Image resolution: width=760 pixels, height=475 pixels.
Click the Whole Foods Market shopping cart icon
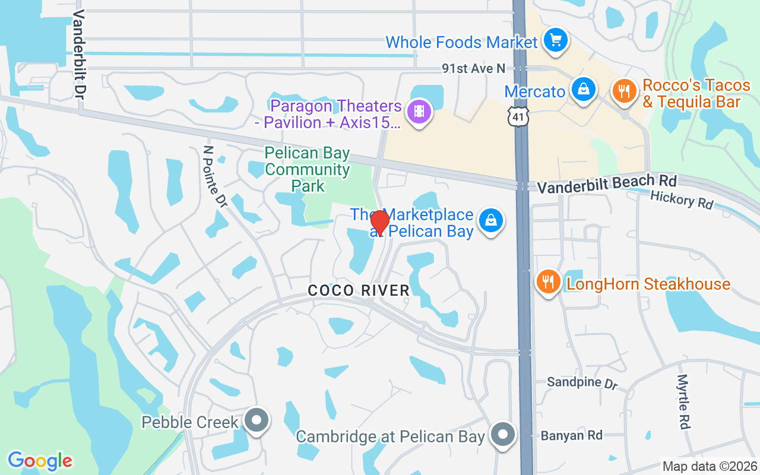[x=556, y=40]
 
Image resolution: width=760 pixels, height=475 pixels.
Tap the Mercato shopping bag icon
[x=584, y=90]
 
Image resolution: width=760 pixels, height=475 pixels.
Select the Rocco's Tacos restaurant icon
[x=623, y=91]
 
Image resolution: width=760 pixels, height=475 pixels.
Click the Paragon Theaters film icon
[x=420, y=110]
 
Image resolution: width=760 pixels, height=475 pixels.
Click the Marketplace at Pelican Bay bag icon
[x=490, y=220]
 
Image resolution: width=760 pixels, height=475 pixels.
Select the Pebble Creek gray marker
[x=256, y=420]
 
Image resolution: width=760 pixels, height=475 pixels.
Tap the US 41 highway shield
[x=518, y=119]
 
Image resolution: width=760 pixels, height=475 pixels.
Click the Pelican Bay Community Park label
[x=308, y=170]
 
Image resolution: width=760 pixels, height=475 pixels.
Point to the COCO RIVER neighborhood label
[x=359, y=290]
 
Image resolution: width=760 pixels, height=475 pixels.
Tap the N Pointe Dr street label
[x=215, y=176]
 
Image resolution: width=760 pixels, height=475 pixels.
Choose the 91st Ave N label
[x=473, y=69]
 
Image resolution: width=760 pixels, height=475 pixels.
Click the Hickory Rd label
[x=682, y=199]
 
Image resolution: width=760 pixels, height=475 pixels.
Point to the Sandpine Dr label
[x=582, y=382]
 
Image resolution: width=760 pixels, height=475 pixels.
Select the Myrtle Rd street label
[x=683, y=401]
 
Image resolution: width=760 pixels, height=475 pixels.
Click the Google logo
[x=40, y=461]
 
